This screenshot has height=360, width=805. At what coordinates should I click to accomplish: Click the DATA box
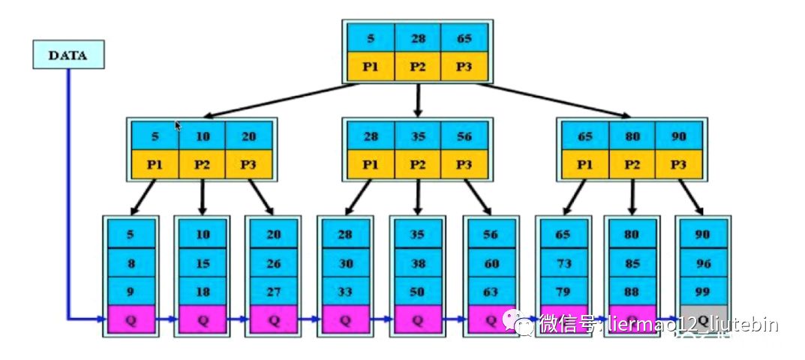coord(68,55)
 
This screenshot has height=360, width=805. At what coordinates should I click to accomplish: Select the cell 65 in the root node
coord(464,37)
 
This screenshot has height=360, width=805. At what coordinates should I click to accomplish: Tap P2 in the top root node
coord(418,65)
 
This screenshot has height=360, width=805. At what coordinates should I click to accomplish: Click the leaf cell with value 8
coord(131,262)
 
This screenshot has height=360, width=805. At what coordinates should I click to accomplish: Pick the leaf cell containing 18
coord(203,291)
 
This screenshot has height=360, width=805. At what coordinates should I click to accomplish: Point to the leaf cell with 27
coord(273,291)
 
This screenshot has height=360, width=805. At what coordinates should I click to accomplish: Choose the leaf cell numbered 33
coord(345,291)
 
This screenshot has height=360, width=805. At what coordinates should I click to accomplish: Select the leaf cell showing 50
coord(417,291)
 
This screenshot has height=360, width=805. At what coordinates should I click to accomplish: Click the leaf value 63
coord(491,291)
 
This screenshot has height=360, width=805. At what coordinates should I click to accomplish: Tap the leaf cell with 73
coord(563,262)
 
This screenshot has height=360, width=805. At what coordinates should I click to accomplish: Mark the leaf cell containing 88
coord(630,291)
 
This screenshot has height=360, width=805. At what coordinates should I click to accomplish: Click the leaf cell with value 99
coord(702,291)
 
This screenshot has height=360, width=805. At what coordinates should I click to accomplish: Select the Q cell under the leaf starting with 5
coord(131,320)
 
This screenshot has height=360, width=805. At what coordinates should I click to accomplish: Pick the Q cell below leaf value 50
coord(417,320)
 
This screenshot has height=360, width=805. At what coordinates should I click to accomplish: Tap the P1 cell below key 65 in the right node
coord(585,164)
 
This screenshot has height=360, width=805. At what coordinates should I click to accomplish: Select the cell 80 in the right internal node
coord(632,136)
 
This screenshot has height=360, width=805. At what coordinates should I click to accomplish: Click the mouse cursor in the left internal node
coord(178,126)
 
